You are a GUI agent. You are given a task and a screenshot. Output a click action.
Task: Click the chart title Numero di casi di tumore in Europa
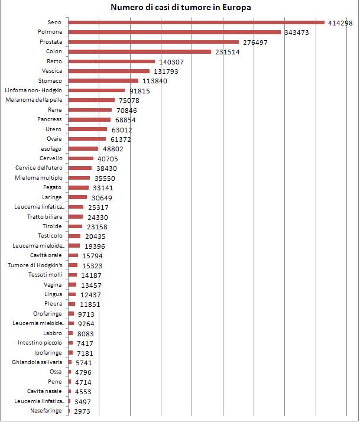[x=180, y=8]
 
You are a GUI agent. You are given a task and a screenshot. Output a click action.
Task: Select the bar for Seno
[x=196, y=22]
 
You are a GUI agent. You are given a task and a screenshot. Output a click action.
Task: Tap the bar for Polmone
[x=174, y=33]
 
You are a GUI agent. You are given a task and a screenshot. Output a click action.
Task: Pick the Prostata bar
[x=154, y=42]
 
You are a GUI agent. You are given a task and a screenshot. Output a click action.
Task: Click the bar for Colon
[x=140, y=51]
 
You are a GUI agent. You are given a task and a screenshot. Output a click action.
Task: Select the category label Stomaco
[x=50, y=81]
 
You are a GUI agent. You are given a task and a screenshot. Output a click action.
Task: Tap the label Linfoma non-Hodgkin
[x=34, y=90]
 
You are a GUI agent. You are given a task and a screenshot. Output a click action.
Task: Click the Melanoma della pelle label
[x=34, y=100]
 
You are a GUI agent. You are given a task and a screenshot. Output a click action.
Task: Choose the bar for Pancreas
[x=89, y=119]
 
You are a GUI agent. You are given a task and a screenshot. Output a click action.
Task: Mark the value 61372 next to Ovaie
[x=121, y=139]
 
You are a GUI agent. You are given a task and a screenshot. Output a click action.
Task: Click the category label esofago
[x=51, y=149]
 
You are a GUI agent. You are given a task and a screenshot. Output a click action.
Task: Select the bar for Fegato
[x=78, y=187]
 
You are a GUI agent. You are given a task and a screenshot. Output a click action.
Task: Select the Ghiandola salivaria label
[x=37, y=362]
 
